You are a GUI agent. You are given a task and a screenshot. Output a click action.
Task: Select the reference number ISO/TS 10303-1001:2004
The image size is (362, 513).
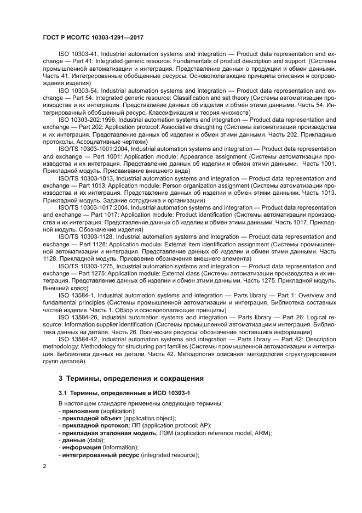pos(94,148)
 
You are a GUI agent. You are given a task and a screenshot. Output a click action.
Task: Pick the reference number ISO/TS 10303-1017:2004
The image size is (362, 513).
pos(94,208)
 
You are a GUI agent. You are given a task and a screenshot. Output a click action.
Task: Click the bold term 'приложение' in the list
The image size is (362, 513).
pos(80,411)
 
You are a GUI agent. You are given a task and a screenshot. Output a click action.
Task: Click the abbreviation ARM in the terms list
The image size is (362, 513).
pos(263,433)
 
